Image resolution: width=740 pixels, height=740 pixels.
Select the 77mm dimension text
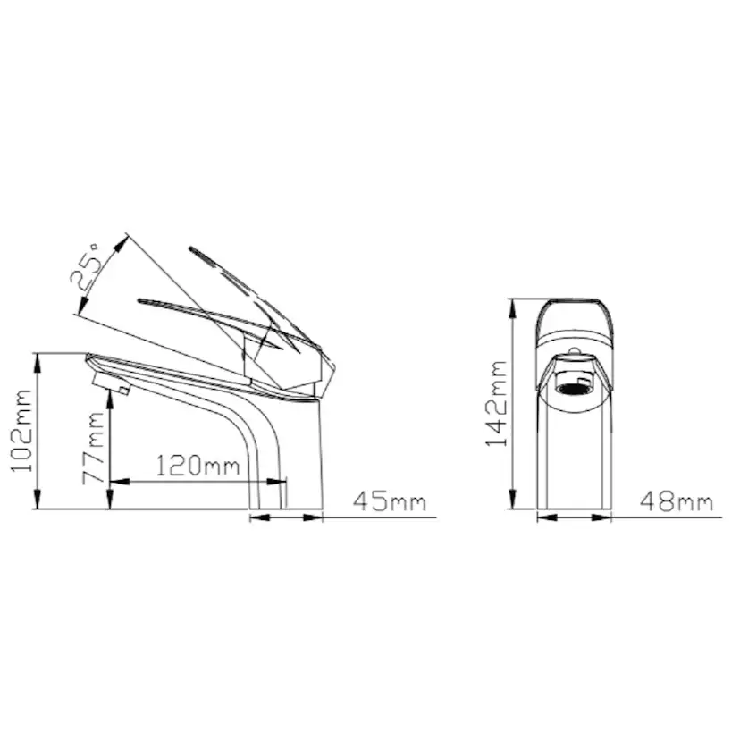tap(94, 447)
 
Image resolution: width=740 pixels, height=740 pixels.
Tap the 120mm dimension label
tap(198, 466)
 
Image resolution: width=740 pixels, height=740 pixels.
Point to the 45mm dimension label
tap(389, 501)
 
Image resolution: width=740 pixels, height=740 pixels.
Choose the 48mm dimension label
tap(677, 501)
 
